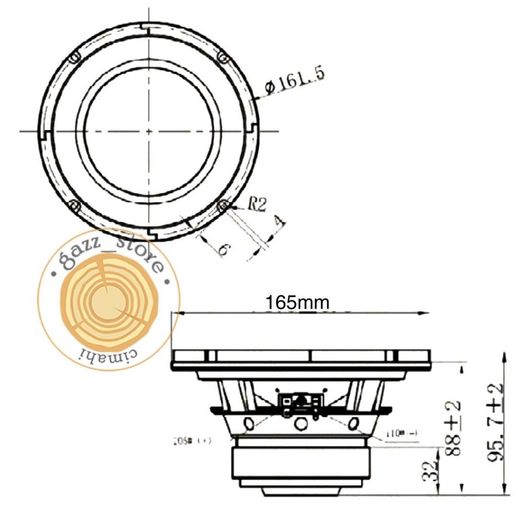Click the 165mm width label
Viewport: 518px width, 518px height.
coord(298,303)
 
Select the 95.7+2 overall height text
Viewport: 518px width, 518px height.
coord(495,422)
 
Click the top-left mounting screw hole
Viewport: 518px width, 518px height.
coord(74,57)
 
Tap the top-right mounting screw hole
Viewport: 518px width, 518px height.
coord(222,57)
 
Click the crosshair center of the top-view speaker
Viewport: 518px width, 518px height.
coord(149,131)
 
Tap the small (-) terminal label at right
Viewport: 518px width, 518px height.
coord(401,434)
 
